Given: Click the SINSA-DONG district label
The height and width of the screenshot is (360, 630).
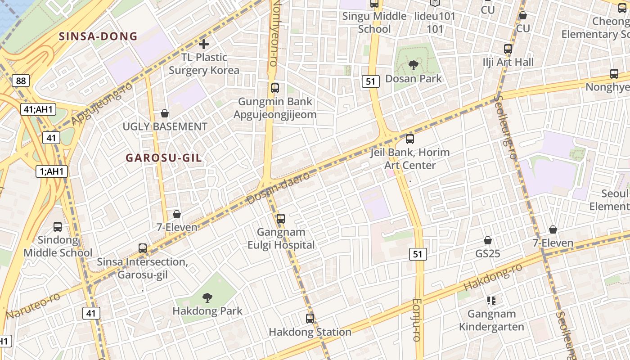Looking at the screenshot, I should (98, 36).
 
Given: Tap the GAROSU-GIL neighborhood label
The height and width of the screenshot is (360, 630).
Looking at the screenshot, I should (164, 158).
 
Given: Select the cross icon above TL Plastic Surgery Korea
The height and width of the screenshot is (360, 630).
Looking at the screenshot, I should (204, 44).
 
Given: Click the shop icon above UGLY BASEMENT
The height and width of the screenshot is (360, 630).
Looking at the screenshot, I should (165, 113).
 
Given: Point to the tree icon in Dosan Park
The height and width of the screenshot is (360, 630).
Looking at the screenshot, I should (413, 66).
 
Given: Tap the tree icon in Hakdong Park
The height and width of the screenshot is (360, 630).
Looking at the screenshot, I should (207, 297).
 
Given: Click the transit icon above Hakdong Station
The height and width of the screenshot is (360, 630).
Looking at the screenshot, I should (310, 319).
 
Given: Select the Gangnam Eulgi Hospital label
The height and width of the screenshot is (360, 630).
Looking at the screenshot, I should (281, 238).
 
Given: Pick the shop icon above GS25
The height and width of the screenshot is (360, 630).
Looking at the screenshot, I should (488, 241).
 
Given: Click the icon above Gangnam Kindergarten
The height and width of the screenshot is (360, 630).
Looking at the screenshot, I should (491, 300).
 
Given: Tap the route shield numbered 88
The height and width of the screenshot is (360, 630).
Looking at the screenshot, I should (21, 81).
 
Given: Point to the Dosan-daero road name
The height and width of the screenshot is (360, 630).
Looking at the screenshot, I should (279, 188).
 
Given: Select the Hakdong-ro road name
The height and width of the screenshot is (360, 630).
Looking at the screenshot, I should (493, 277).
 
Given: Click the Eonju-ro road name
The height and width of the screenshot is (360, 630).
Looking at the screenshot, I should (417, 319).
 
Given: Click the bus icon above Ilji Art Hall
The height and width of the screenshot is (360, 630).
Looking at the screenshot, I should (508, 49).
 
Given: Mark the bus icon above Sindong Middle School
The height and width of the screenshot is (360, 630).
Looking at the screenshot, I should (58, 227).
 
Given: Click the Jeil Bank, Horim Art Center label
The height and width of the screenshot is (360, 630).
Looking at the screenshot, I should (410, 159).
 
